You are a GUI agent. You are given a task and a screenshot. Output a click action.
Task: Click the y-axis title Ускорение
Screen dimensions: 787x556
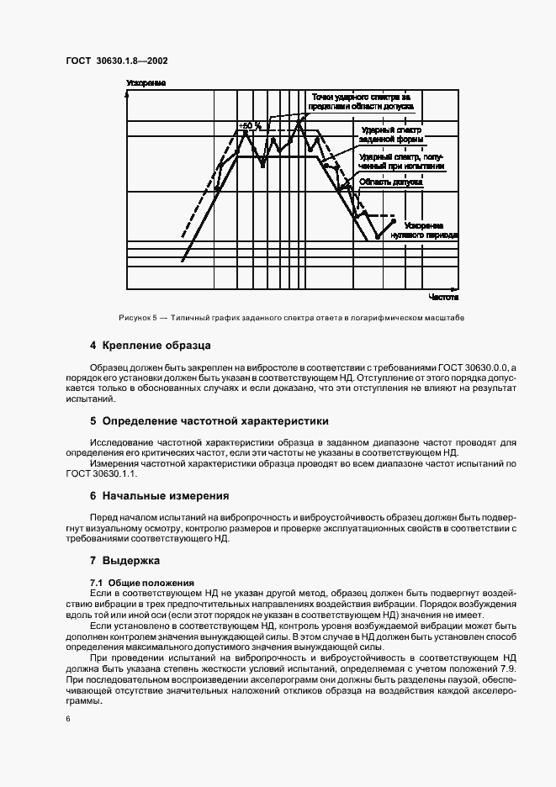146,83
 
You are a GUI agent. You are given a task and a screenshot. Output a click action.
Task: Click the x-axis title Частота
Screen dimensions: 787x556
442,297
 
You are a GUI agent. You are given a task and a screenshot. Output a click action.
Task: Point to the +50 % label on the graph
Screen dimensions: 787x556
251,126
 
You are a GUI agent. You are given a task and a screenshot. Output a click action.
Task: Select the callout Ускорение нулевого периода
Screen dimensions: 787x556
430,230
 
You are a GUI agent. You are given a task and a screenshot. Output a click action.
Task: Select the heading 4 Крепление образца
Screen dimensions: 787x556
150,346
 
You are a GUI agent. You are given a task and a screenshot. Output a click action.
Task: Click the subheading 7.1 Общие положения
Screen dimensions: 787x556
141,583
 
